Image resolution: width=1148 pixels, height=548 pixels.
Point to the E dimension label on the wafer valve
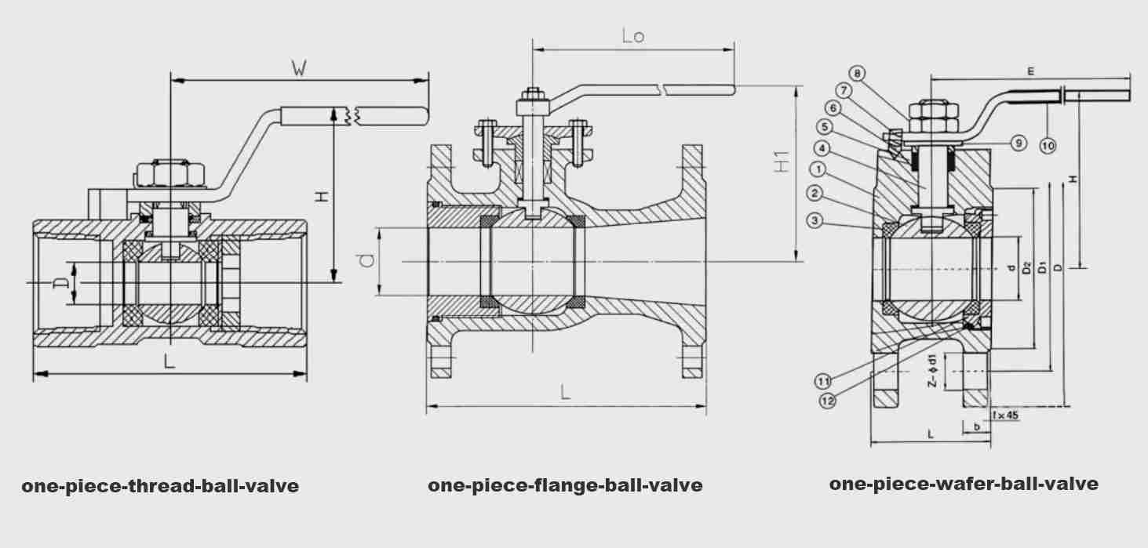coord(1030,71)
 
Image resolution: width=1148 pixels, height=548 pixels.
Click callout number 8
coord(857,74)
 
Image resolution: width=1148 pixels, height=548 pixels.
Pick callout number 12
coord(827,401)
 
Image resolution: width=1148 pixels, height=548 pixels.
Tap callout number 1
coord(818,169)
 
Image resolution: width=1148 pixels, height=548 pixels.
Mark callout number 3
coord(815,221)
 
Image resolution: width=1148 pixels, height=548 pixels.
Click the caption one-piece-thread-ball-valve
coord(160,486)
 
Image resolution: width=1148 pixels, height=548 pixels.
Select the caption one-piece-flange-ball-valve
coord(565,486)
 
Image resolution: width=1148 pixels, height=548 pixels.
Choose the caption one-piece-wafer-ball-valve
coord(964,484)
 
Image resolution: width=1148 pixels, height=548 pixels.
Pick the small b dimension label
coord(976,427)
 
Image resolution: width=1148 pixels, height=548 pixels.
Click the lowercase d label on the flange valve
coord(366,260)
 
